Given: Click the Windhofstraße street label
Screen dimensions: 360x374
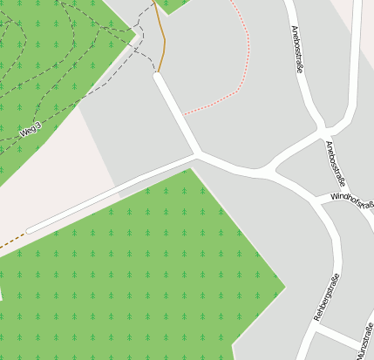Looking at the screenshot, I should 352,203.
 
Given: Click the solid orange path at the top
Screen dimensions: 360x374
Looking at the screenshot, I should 161,39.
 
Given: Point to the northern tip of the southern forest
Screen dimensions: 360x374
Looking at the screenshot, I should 188,170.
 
